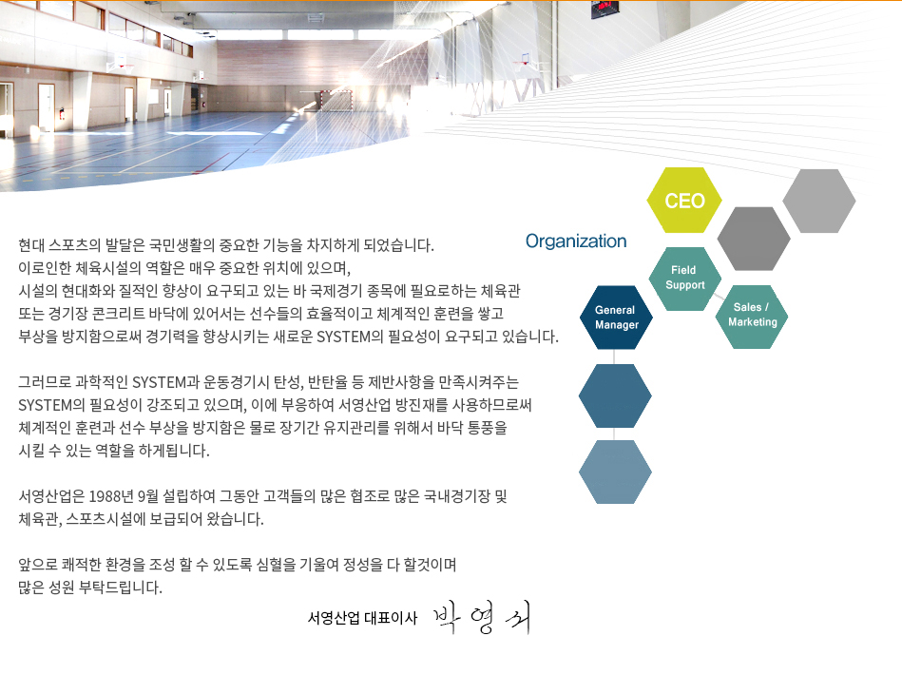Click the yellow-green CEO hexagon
684,201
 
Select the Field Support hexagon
684,279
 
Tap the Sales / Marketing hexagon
751,317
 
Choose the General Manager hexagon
616,318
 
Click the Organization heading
576,241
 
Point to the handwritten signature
481,617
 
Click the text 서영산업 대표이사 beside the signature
362,618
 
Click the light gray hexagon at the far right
818,201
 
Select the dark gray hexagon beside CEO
754,239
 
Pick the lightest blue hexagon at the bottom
615,472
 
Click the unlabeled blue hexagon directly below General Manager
615,395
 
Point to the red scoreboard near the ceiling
605,7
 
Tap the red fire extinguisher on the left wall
62,113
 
